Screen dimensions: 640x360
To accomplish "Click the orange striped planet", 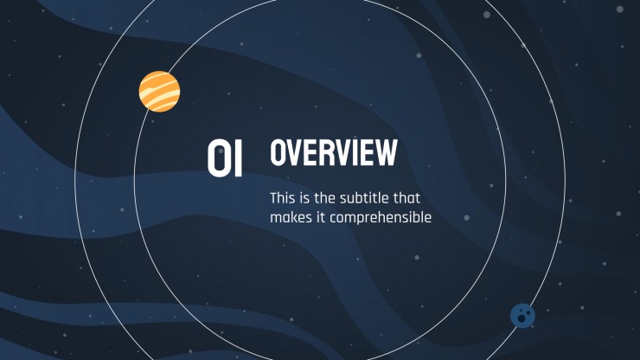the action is point(159,92).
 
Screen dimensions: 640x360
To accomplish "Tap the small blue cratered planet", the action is point(522,316).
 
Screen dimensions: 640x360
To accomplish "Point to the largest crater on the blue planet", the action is point(522,318).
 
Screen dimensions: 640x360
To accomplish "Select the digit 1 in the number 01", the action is point(239,158).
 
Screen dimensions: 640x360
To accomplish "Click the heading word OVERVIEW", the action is point(334,152).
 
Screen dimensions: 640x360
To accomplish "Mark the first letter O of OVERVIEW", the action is point(278,152).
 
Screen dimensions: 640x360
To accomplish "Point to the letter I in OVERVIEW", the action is point(357,152).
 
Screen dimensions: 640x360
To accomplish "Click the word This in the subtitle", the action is point(283,198).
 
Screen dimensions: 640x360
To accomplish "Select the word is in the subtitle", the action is point(304,198).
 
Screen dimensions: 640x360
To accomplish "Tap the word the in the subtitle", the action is point(325,198).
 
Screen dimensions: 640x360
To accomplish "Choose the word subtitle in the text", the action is point(364,198).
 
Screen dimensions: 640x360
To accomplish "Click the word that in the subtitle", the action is point(406,198).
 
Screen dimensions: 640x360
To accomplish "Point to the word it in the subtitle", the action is point(321,217).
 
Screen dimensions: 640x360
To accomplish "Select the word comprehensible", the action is point(381,218).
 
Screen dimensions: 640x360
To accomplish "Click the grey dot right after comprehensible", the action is point(466,218).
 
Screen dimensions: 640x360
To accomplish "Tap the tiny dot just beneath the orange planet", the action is point(153,121).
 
